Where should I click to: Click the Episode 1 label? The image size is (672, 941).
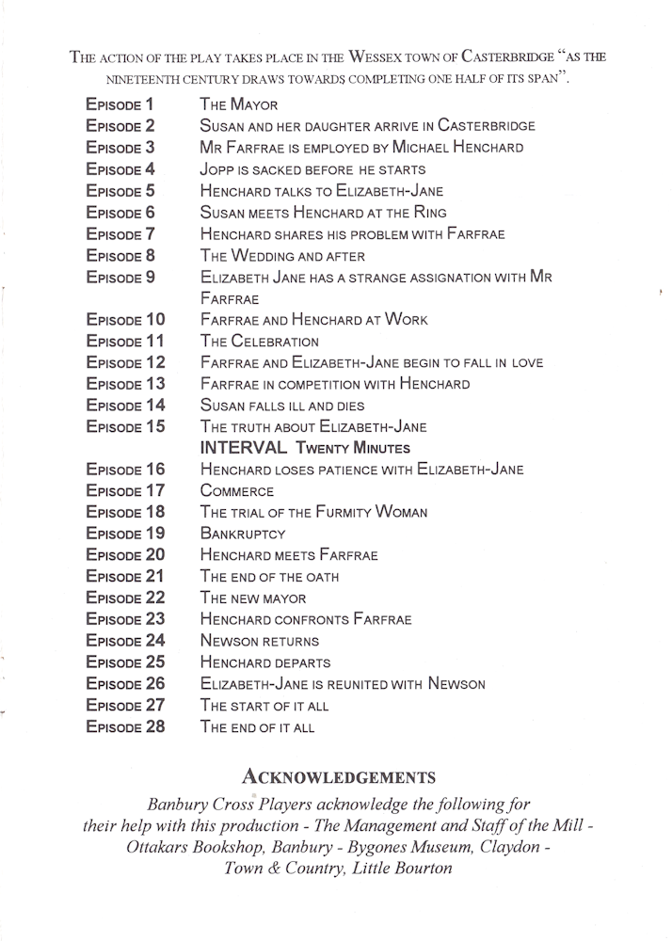click(120, 104)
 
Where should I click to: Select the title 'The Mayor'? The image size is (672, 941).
click(238, 104)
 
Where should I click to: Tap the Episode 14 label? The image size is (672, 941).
click(125, 405)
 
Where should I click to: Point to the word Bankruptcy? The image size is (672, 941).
click(243, 534)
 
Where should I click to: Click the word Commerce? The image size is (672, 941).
click(237, 490)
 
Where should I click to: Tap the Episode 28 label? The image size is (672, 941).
click(125, 726)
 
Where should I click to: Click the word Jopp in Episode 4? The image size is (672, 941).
click(217, 169)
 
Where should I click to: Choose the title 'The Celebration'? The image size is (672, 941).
click(260, 341)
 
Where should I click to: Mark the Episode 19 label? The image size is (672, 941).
click(125, 534)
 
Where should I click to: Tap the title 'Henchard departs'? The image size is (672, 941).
click(265, 662)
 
